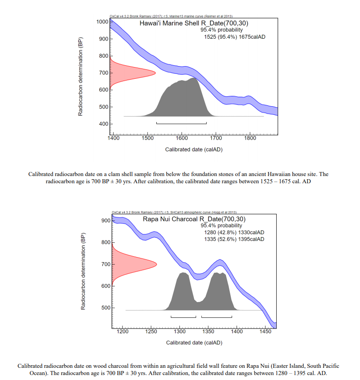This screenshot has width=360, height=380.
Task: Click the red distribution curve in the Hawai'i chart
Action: (131, 72)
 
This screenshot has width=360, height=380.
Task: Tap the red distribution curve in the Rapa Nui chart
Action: (133, 263)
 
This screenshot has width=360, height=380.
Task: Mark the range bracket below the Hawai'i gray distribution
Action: (182, 123)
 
